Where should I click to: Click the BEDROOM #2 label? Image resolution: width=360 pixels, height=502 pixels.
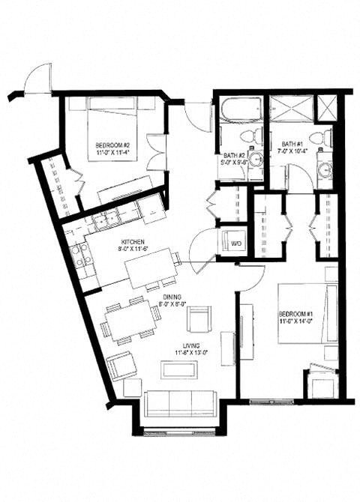click(112, 145)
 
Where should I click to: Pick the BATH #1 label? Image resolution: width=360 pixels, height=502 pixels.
click(293, 144)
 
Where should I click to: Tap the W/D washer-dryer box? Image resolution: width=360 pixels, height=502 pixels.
click(234, 243)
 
